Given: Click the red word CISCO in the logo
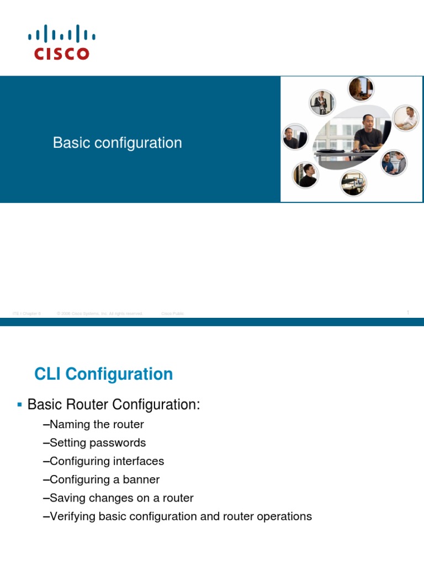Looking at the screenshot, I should [61, 54].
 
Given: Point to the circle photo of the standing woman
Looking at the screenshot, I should [321, 102].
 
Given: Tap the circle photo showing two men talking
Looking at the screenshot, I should [394, 162].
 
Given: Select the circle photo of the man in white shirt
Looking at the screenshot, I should [406, 118].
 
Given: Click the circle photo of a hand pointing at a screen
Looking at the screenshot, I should [353, 183].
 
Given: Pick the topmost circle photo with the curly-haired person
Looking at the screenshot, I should [361, 88].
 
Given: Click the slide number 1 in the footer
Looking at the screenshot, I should [408, 313].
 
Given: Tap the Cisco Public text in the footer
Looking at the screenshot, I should [173, 313].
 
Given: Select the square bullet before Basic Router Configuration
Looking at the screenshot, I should [19, 404].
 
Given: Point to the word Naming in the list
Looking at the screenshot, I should [69, 424].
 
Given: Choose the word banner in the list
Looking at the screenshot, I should [141, 479].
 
